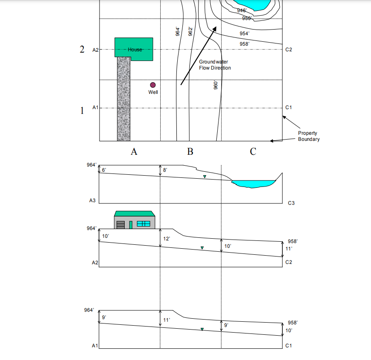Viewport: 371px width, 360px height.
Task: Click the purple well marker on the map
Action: [x=152, y=85]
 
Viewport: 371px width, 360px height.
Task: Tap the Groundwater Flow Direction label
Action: [x=215, y=65]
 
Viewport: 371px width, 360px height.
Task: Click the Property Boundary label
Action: [x=308, y=136]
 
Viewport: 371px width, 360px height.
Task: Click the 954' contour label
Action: [x=245, y=33]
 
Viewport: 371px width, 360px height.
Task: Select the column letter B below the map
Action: [x=190, y=152]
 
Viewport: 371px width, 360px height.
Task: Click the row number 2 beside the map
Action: [x=82, y=49]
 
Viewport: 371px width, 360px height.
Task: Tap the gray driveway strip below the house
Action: [x=123, y=100]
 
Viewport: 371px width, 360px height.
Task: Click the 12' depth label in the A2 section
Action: [x=166, y=239]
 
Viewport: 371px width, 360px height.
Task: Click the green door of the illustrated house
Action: [x=130, y=224]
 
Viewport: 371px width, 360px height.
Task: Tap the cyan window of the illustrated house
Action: [x=143, y=223]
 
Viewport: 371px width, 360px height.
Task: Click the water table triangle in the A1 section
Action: [x=202, y=330]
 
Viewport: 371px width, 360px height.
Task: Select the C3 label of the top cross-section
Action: [x=291, y=203]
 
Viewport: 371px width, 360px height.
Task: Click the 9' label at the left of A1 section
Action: [x=104, y=318]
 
